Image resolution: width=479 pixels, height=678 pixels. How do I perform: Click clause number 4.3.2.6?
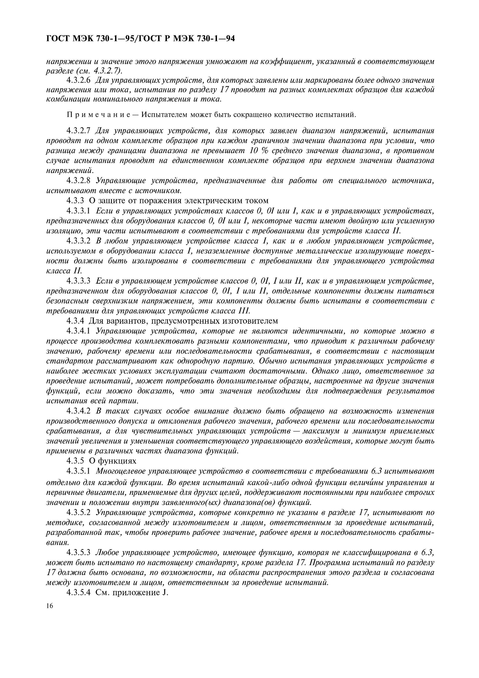(x=79, y=80)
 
